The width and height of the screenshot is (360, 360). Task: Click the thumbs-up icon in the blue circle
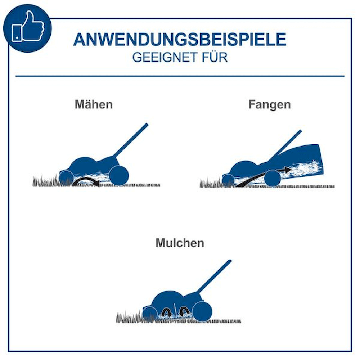(28, 26)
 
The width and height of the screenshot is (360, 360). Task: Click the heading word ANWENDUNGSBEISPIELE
(180, 40)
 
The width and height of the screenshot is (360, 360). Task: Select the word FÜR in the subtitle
(215, 57)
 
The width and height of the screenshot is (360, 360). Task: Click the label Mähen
(94, 104)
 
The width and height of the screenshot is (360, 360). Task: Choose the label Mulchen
(180, 243)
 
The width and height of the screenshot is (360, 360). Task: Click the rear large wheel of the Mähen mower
(119, 175)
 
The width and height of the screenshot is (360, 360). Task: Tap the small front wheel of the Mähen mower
(66, 178)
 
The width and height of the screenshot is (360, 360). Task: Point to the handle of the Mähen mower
(131, 140)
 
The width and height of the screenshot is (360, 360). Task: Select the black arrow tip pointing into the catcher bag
(288, 170)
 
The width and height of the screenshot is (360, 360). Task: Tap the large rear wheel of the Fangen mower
(273, 179)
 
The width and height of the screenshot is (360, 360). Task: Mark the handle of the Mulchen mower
(214, 276)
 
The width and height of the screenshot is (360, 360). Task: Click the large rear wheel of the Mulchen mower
(202, 311)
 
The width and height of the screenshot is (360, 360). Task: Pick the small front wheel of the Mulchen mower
(149, 314)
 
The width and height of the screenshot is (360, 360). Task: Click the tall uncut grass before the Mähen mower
(46, 181)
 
